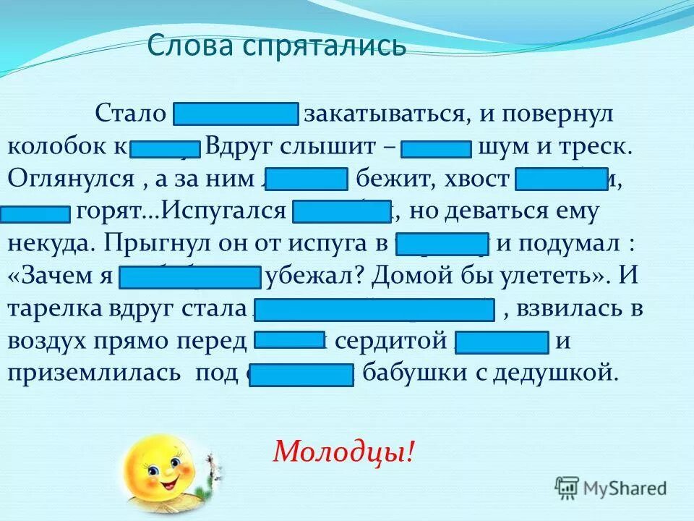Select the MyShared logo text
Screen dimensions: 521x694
click(x=624, y=488)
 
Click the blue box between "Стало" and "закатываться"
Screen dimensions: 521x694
click(x=236, y=114)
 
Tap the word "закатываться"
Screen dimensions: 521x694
click(x=383, y=115)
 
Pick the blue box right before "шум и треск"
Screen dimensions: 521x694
click(x=436, y=147)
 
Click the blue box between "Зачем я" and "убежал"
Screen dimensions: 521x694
click(x=190, y=277)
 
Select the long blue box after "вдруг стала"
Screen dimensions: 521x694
click(x=374, y=309)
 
